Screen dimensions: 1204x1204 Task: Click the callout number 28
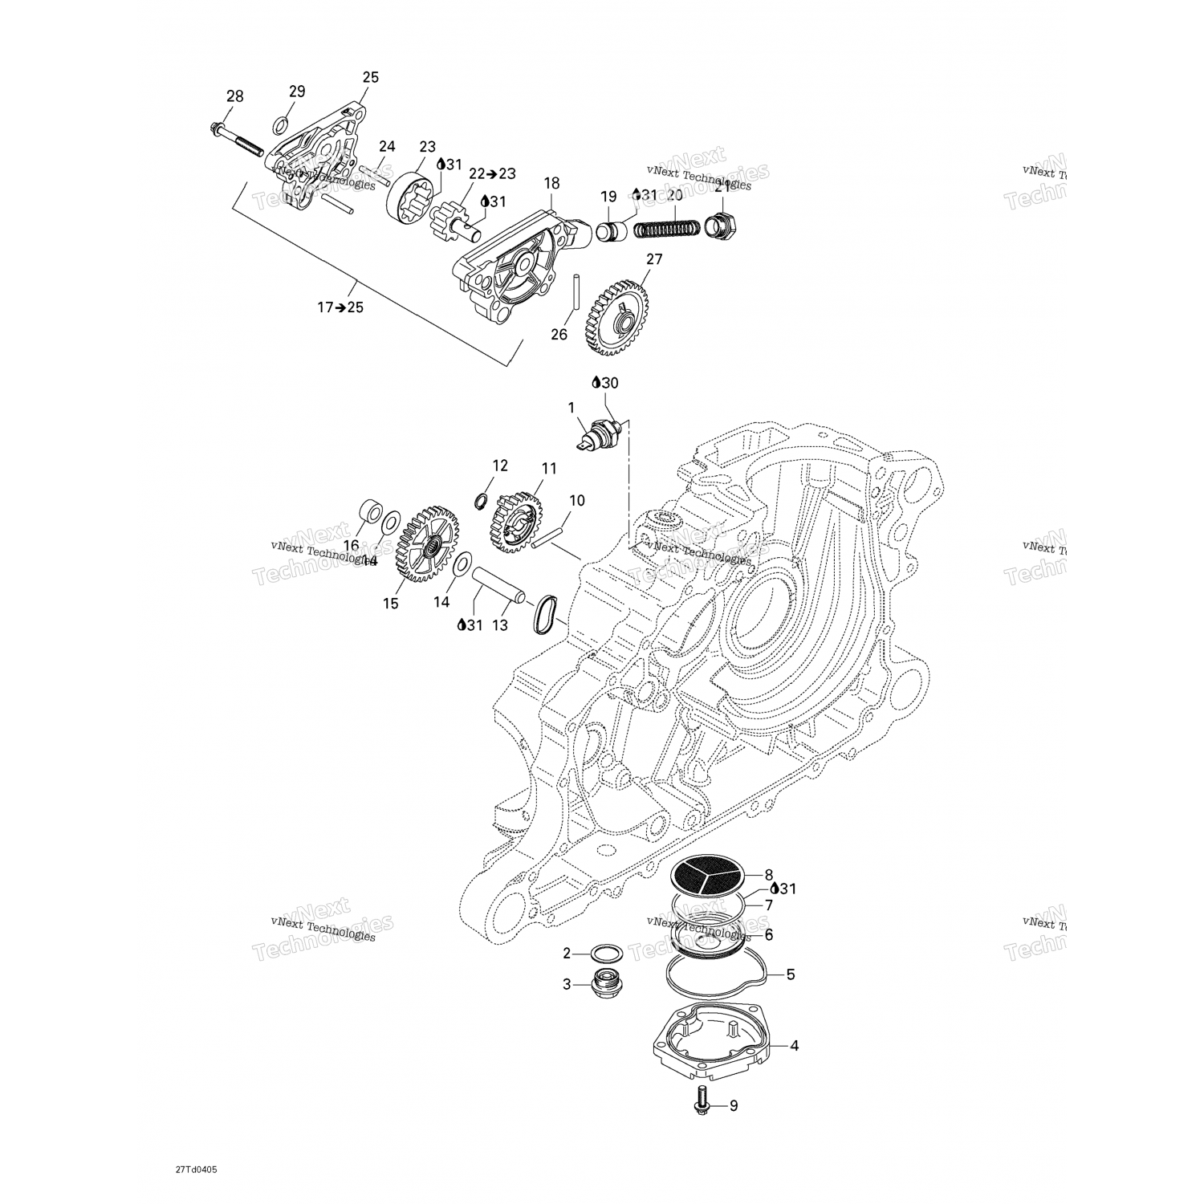[x=234, y=96]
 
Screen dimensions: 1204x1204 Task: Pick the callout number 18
[x=551, y=183]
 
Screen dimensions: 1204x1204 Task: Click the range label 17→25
[x=340, y=307]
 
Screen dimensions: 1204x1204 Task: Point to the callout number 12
[x=500, y=466]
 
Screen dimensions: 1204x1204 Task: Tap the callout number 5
[x=791, y=974]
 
